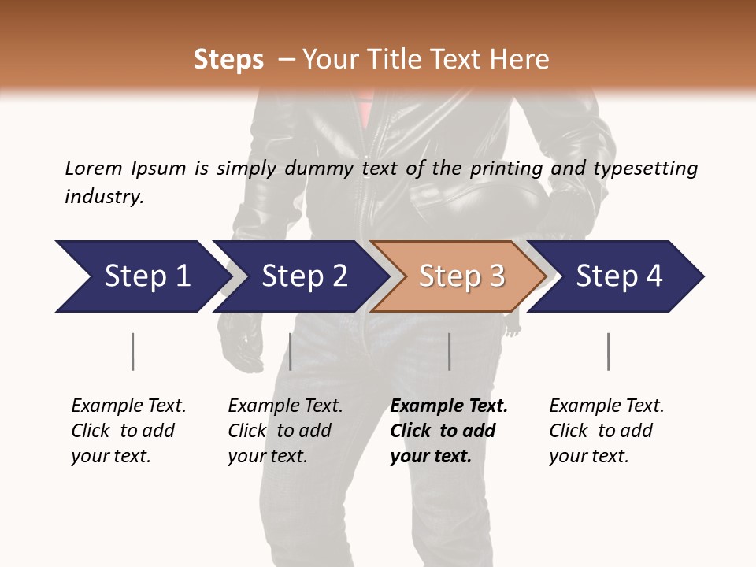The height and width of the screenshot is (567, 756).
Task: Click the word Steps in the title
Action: point(228,60)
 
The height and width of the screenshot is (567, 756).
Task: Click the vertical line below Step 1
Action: point(132,351)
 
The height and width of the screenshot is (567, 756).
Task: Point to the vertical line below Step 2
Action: point(291,351)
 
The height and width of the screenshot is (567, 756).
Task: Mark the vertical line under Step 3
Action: point(449,351)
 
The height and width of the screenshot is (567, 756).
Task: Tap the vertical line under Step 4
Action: point(608,351)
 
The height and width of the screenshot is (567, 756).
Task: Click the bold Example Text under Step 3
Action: point(448,431)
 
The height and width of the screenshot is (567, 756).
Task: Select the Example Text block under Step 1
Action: point(128,431)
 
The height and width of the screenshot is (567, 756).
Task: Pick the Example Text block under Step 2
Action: point(285,431)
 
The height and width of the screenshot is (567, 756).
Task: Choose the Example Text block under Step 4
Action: point(606,431)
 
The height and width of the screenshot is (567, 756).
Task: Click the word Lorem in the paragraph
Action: point(93,168)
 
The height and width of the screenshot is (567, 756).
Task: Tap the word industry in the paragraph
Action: point(104,196)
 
